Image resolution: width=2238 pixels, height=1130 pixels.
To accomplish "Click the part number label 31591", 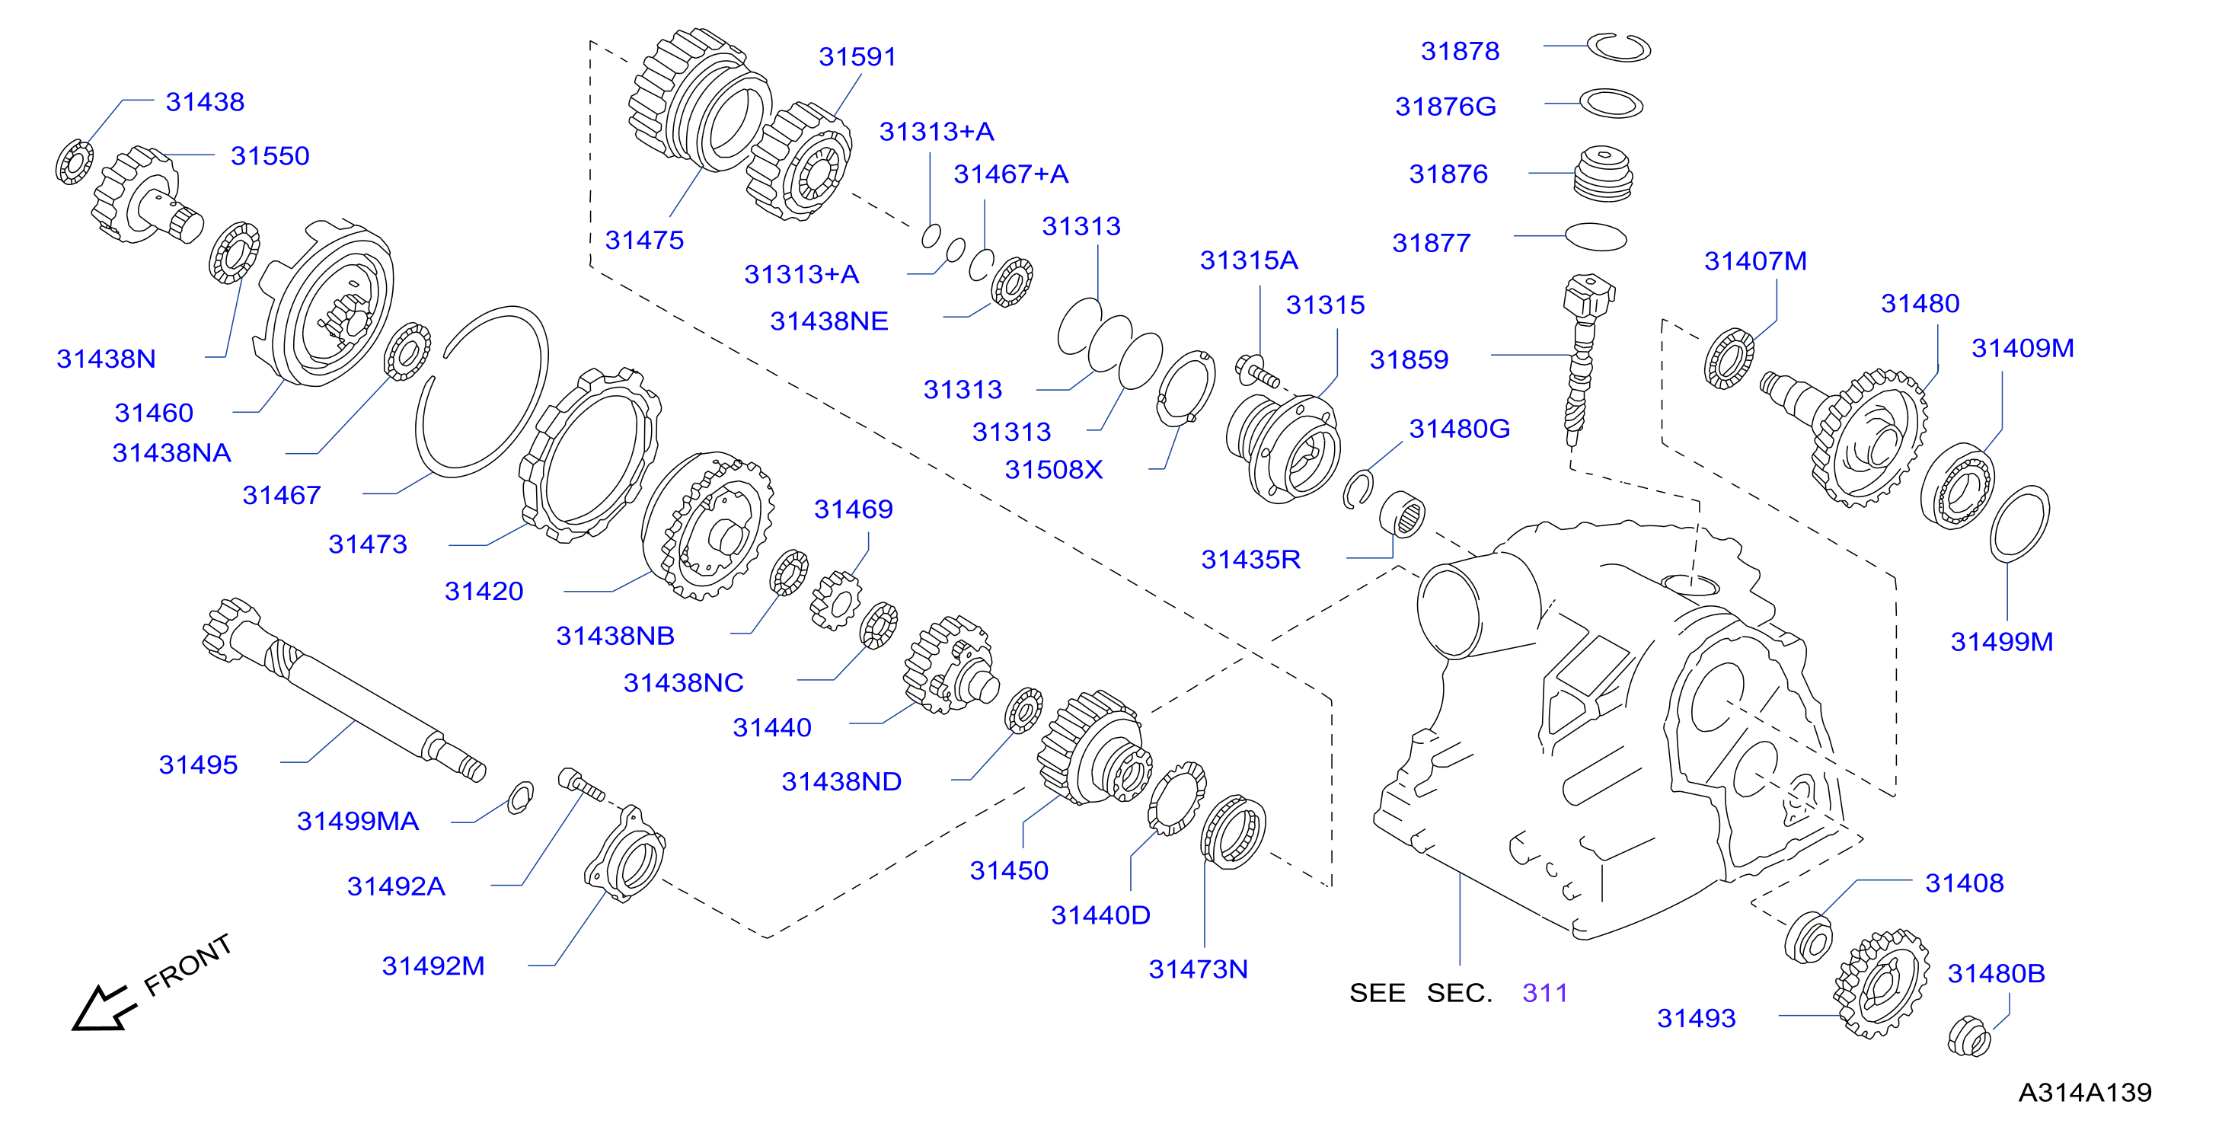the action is point(857,56).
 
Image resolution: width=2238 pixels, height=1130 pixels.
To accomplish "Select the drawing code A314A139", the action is point(2084,1092).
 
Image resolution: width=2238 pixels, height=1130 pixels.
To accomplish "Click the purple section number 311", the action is point(1545,993).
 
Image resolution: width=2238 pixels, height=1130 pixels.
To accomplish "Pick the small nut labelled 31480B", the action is point(1968,1036).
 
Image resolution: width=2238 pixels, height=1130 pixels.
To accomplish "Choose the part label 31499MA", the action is point(357,821).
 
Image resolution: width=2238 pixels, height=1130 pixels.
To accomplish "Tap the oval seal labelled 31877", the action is point(1595,237).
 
